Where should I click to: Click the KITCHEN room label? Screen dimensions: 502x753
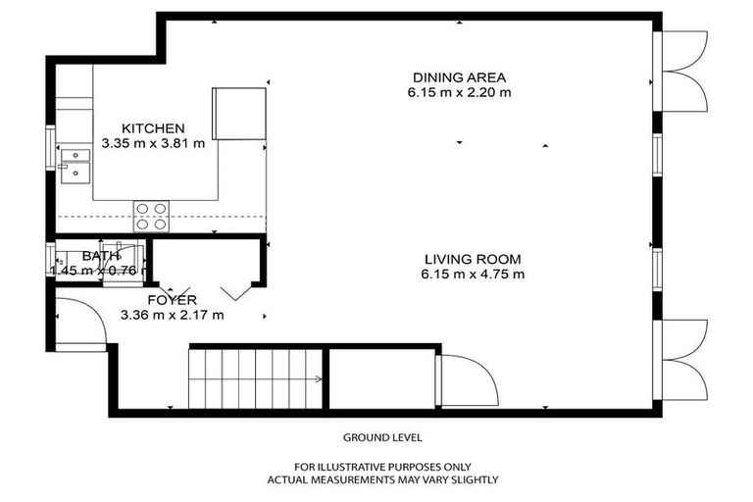pyautogui.click(x=153, y=128)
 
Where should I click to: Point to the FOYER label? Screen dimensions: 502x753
pyautogui.click(x=172, y=300)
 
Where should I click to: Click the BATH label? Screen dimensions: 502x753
pyautogui.click(x=101, y=256)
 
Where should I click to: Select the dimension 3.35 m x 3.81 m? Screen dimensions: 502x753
pyautogui.click(x=153, y=143)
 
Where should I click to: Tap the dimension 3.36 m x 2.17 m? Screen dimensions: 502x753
pyautogui.click(x=172, y=315)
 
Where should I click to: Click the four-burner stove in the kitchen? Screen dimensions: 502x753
pyautogui.click(x=151, y=216)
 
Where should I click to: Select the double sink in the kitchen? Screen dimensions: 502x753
pyautogui.click(x=75, y=166)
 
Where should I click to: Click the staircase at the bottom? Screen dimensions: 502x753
pyautogui.click(x=257, y=378)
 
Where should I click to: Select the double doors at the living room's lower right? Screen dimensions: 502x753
pyautogui.click(x=682, y=359)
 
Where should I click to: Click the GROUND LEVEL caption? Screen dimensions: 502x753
pyautogui.click(x=382, y=437)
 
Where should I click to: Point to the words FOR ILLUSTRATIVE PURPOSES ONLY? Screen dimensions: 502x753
pyautogui.click(x=382, y=467)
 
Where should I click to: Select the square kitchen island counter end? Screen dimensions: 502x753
pyautogui.click(x=239, y=114)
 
